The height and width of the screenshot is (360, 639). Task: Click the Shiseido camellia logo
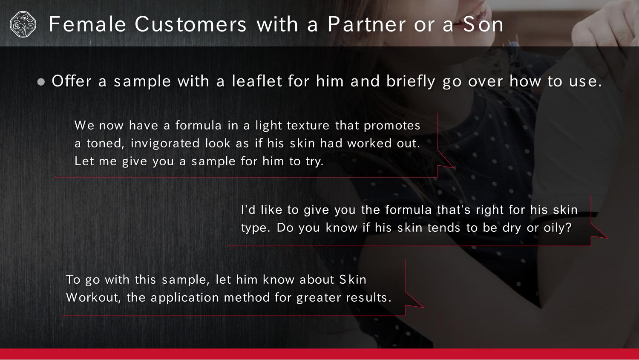coord(23,24)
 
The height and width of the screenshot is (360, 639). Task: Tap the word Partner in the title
coord(366,24)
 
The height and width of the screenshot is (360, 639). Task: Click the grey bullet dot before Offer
coord(41,82)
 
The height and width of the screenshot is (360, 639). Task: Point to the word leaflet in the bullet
coord(256,81)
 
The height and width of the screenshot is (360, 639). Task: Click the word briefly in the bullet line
coord(411,81)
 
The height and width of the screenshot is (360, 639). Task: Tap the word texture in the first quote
coord(308,126)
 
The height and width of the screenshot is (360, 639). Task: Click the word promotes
coord(392,126)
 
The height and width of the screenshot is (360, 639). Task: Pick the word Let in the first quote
coord(84,161)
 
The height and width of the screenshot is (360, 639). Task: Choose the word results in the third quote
coord(368,298)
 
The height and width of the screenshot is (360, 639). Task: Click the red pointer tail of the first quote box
coord(445,160)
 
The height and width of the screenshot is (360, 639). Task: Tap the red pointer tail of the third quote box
coord(414,300)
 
